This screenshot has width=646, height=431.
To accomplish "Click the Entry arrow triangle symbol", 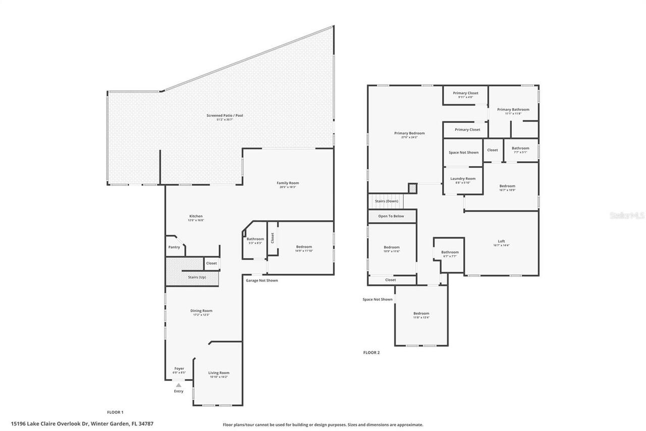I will tap(178, 385).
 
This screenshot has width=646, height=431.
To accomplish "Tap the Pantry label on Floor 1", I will tap(174, 247).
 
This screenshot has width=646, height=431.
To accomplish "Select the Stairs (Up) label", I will tap(197, 277).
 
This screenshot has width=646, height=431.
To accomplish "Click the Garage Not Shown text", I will tap(261, 280).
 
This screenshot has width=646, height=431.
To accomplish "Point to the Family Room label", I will tap(288, 183).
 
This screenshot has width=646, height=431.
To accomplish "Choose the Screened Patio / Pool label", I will tap(225, 116).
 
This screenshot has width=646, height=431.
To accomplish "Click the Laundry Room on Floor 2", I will tap(463, 179).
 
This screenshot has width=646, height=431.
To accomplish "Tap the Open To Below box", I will tap(391, 216).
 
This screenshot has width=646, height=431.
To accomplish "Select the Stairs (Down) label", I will tap(387, 201).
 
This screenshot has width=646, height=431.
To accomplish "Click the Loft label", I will tap(501, 241).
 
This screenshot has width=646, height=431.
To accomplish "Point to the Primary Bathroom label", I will tap(513, 110).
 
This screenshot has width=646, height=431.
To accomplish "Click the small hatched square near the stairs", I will tap(412, 188).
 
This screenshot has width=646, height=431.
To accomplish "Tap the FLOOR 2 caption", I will tap(371, 353).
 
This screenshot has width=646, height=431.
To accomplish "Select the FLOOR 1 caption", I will tap(115, 412).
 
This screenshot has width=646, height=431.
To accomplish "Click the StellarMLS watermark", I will tap(627, 215).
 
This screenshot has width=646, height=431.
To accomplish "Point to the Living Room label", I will tap(219, 373).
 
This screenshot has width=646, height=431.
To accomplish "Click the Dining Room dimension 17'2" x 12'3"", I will tap(201, 315).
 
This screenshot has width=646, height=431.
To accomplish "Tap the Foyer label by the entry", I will tap(179, 368).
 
